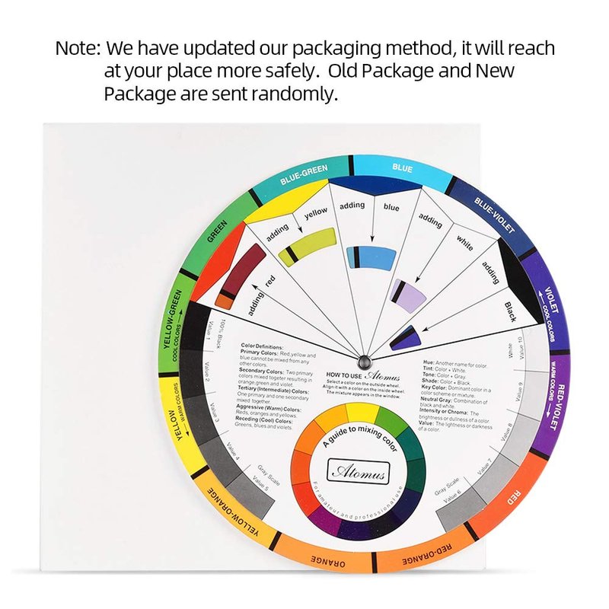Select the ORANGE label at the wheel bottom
[327, 561]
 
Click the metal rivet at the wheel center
[362, 358]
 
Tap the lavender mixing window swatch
[407, 294]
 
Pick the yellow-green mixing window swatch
[306, 245]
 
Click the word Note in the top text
[77, 49]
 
